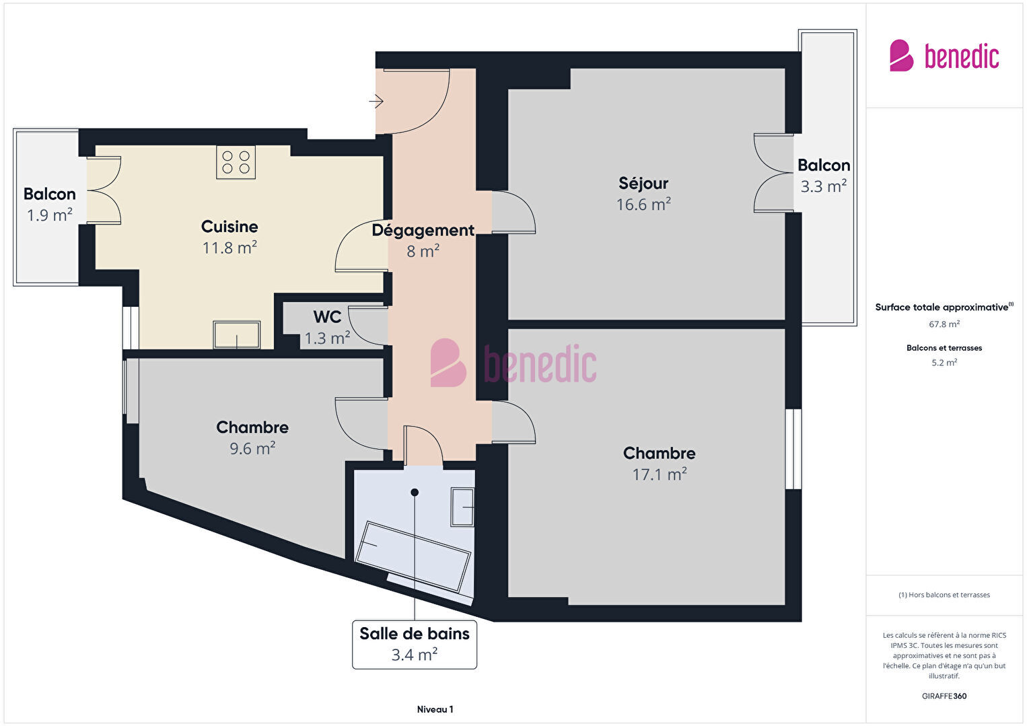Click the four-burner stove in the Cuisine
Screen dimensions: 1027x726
[x=236, y=162]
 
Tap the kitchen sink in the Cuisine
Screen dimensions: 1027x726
[x=237, y=334]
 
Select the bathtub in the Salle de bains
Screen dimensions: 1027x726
[x=413, y=556]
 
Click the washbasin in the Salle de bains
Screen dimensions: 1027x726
[x=462, y=507]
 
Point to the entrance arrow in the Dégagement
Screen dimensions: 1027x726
[x=376, y=101]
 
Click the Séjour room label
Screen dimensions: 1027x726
[x=643, y=183]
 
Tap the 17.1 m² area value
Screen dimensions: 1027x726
[x=660, y=474]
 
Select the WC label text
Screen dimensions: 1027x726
[x=327, y=317]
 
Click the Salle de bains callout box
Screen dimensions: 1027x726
[x=415, y=645]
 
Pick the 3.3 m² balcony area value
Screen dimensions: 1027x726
[x=824, y=186]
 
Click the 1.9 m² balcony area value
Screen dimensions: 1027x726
[x=50, y=215]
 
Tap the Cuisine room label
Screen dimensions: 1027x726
[x=229, y=227]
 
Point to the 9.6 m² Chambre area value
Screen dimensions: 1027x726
[x=252, y=448]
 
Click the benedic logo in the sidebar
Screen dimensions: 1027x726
[x=944, y=55]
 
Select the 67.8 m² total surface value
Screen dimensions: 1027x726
[x=944, y=324]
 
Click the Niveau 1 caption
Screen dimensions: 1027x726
[x=435, y=709]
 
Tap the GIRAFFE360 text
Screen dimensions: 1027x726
[x=944, y=696]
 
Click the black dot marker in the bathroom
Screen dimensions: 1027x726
[x=415, y=493]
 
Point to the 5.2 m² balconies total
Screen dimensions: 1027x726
[x=944, y=363]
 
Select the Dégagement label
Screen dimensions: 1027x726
[x=423, y=230]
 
